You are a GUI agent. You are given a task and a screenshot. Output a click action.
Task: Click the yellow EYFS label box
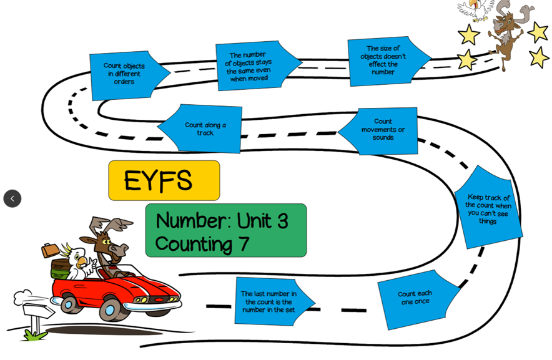coord(164,180)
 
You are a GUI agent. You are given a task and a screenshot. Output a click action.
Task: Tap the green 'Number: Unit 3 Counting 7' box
coord(225,230)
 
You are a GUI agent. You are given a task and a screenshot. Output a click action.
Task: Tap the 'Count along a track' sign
coord(204,129)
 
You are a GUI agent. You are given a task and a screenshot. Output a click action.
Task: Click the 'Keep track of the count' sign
coord(488,208)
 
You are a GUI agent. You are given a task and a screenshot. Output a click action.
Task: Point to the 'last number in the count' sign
coord(269,302)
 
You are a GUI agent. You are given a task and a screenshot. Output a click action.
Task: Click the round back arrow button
coord(12,198)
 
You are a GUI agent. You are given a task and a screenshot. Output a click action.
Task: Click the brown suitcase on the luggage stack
coord(50,250)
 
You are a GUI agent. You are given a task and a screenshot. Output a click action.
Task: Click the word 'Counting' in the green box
coord(194,243)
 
